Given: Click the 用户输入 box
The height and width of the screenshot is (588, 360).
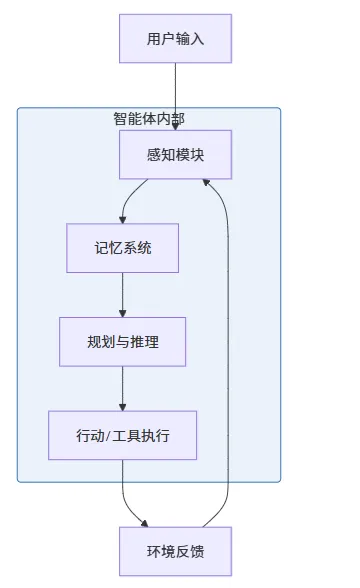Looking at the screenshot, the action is (175, 39).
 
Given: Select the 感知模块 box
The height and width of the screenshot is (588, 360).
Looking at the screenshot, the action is (175, 154).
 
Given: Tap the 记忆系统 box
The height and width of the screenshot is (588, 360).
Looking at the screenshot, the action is (122, 248).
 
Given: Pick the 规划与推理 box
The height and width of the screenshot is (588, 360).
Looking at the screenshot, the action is (122, 342).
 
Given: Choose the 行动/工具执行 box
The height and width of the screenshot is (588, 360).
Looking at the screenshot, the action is (122, 435).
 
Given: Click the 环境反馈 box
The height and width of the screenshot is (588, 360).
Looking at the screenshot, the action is (175, 551).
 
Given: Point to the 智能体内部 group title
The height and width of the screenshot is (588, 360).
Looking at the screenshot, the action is (149, 119).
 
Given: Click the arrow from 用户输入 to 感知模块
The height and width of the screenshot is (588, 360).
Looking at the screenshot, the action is (175, 96).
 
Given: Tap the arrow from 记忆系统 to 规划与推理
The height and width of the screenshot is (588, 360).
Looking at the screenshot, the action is (122, 295).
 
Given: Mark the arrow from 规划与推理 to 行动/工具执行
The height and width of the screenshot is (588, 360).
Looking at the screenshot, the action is (122, 388).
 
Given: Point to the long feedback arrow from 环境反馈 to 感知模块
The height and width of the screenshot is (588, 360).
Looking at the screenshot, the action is (228, 352).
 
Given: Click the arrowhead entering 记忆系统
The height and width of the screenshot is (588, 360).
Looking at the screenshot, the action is (122, 220).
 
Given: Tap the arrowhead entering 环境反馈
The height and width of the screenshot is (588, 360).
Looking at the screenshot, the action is (145, 524).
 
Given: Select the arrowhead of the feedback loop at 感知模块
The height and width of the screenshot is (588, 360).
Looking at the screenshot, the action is (206, 182).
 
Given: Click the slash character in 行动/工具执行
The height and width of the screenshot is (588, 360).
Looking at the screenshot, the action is (108, 436).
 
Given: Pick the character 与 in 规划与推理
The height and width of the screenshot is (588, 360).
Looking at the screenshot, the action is (122, 342).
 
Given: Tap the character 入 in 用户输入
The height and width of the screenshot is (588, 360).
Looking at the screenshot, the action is (197, 39).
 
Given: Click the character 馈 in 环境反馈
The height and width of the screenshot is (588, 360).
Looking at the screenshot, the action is (197, 552).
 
